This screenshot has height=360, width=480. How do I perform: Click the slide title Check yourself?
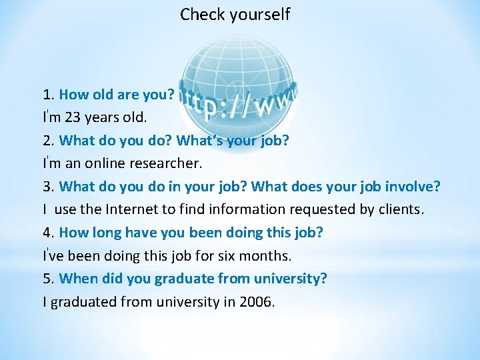click(235, 14)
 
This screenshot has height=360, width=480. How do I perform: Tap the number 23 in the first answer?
click(74, 117)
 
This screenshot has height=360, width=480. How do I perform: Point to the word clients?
click(401, 209)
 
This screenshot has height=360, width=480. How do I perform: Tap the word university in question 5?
click(291, 279)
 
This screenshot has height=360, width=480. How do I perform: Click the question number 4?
click(47, 233)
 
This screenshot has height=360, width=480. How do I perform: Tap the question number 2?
click(47, 140)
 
